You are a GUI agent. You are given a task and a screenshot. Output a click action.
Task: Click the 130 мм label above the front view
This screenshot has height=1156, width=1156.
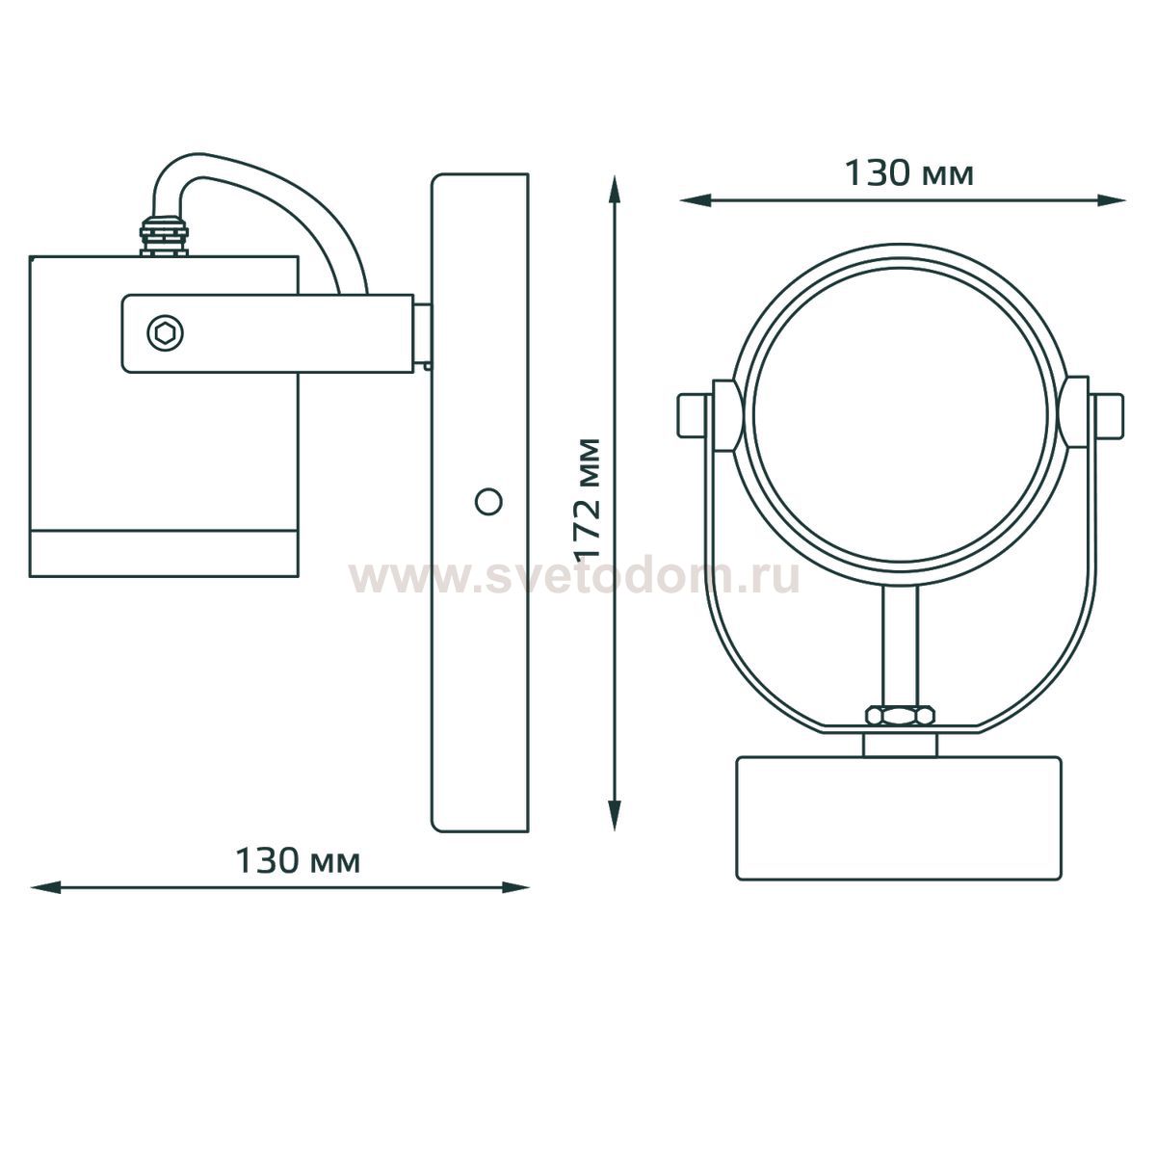908,174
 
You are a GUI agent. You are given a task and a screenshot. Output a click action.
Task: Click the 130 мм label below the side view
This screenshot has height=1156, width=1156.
298,862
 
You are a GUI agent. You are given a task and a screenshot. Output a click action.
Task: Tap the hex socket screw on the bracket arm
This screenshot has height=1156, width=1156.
165,333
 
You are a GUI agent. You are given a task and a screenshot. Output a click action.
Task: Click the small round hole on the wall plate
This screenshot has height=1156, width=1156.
488,502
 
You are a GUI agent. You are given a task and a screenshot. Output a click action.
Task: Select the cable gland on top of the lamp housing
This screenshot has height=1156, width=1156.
164,234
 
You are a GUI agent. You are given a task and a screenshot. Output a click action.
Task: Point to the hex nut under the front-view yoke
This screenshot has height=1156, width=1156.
900,716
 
